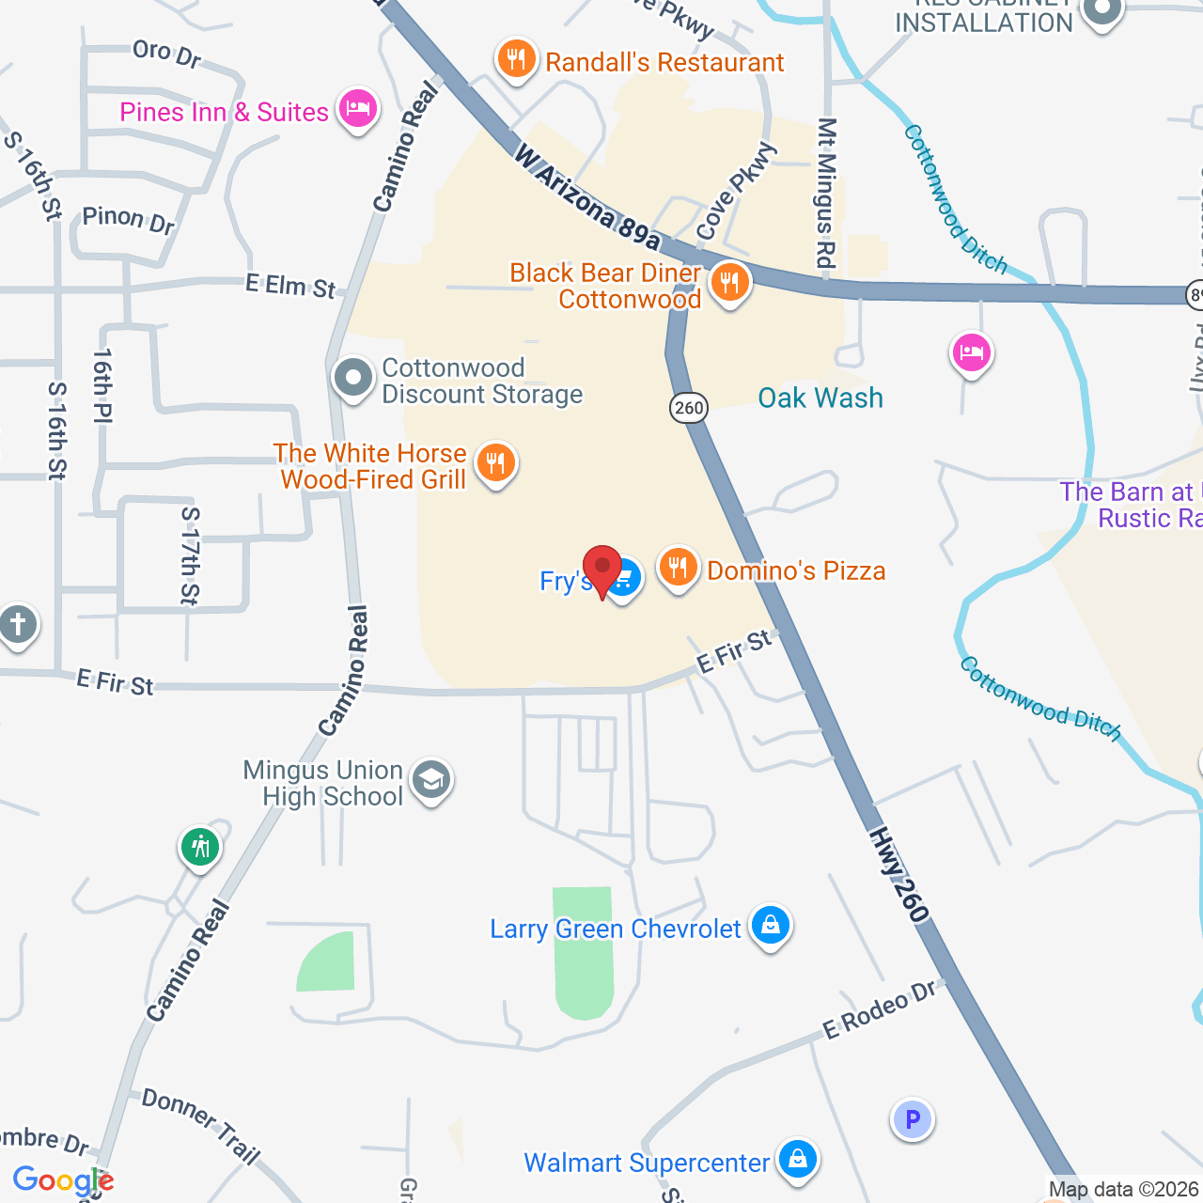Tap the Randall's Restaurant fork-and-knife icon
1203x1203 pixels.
tap(516, 59)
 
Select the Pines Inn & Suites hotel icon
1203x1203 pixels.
tap(357, 109)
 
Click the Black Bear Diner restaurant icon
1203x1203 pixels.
tap(729, 282)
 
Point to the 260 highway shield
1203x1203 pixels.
tap(689, 407)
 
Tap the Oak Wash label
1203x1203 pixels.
tap(820, 398)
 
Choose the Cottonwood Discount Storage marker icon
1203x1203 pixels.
tap(353, 378)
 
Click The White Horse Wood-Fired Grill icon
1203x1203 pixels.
tap(495, 462)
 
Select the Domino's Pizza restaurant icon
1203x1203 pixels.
tap(677, 568)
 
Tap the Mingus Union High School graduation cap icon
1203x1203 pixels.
tap(431, 779)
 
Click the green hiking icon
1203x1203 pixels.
tap(199, 847)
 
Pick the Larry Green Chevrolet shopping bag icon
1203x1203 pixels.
tap(771, 925)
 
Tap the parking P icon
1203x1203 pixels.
tap(912, 1119)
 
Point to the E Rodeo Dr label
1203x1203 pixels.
tap(880, 1011)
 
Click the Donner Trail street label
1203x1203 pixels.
tap(200, 1126)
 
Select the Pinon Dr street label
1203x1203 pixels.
tap(129, 219)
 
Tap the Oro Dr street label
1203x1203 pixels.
tap(167, 54)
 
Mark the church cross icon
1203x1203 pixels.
tap(17, 624)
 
